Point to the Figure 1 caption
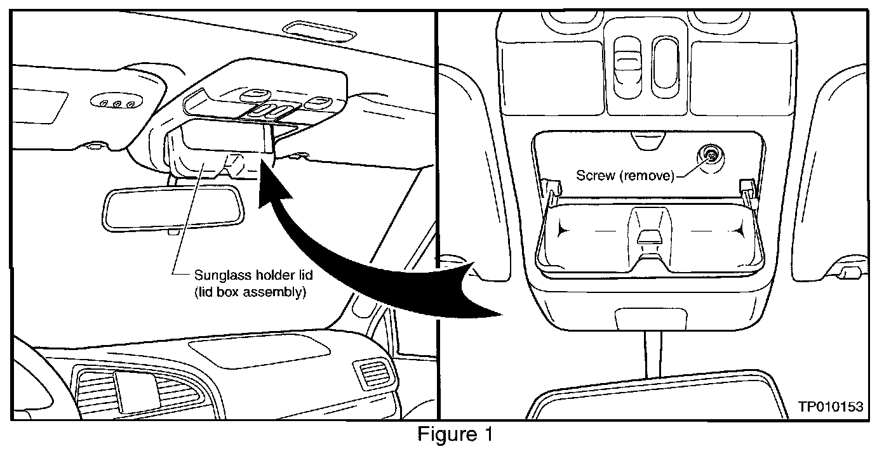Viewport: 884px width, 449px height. (x=455, y=435)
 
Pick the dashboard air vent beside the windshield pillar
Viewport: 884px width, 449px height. (x=369, y=374)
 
